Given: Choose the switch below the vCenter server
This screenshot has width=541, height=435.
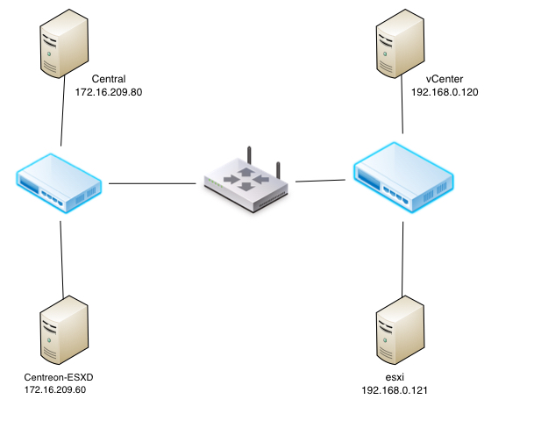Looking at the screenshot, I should [x=403, y=180].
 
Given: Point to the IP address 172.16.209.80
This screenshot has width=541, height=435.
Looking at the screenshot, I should [x=109, y=91].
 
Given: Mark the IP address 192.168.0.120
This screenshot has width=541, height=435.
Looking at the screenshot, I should [x=445, y=91].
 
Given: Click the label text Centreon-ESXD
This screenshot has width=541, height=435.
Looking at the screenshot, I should [x=60, y=377].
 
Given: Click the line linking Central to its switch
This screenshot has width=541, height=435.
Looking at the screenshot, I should [x=62, y=118].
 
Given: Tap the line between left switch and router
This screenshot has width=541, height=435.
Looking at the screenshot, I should [x=151, y=184].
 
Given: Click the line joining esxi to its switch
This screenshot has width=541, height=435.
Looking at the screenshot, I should [x=402, y=259].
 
